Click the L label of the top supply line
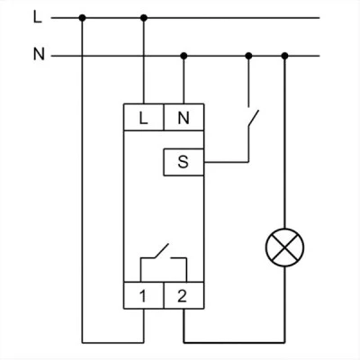coord(38,18)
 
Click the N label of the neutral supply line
coord(39,55)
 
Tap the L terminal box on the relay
coord(144,117)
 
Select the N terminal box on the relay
coord(184,117)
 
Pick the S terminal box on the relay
coord(184,162)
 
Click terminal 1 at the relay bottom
coord(144,295)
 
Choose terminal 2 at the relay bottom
coord(184,295)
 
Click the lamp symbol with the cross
coord(284,247)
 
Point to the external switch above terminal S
coord(253,119)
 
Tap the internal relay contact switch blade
coord(161,251)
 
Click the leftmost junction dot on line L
coord(82,18)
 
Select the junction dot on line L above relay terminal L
coord(144,18)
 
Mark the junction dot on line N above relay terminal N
coord(184,56)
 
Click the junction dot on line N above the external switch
coord(248,56)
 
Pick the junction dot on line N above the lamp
coord(285,56)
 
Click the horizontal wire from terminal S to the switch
coord(226,162)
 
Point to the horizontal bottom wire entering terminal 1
coord(112,342)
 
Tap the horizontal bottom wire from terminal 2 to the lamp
coord(234,342)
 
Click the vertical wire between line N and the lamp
coord(285,142)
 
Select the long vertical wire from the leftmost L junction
coord(82,180)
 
